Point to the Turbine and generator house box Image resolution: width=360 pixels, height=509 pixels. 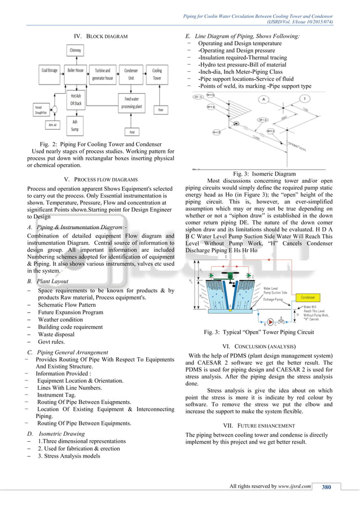pyautogui.click(x=102, y=74)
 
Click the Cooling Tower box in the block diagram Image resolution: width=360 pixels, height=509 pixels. pyautogui.click(x=156, y=74)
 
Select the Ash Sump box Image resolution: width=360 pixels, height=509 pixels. pyautogui.click(x=74, y=125)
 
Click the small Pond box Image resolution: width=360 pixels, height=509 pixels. pyautogui.click(x=131, y=131)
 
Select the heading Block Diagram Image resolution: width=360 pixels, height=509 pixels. pyautogui.click(x=102, y=36)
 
